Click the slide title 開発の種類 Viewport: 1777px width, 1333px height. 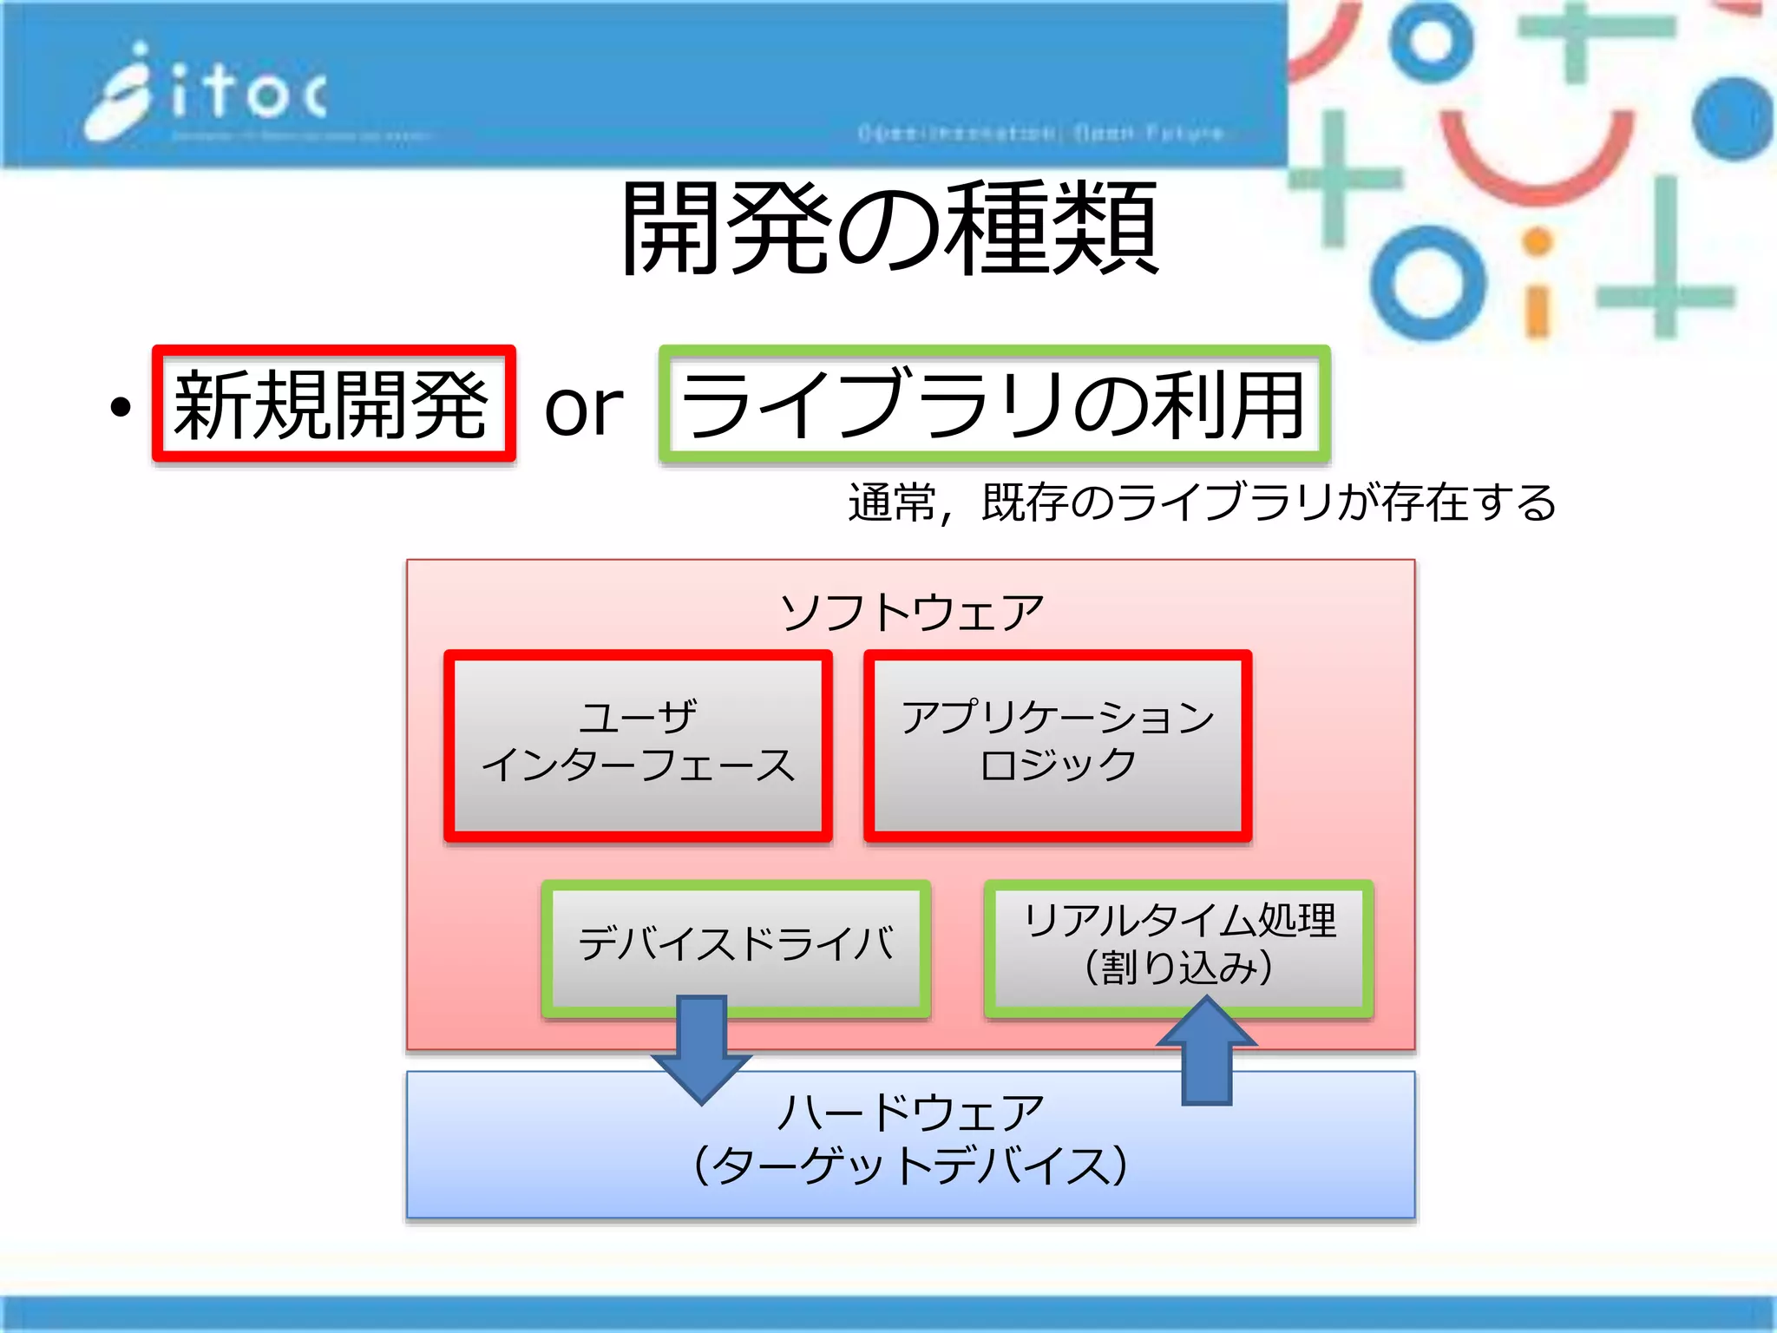[889, 227]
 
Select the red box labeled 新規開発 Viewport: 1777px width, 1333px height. [333, 404]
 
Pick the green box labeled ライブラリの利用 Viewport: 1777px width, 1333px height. [993, 404]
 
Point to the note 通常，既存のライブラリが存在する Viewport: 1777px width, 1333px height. [1202, 502]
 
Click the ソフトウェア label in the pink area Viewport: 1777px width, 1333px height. [911, 612]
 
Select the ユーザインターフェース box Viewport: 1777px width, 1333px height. [638, 745]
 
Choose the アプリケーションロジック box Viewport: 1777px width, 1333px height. [1057, 745]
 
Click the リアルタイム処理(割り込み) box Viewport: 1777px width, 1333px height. [1178, 944]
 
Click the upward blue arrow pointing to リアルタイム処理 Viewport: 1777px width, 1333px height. [1206, 1052]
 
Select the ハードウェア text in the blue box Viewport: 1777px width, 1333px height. [911, 1112]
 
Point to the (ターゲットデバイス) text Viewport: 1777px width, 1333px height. [911, 1166]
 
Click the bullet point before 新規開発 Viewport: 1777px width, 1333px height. [121, 406]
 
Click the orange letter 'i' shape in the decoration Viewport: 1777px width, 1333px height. [1537, 286]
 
